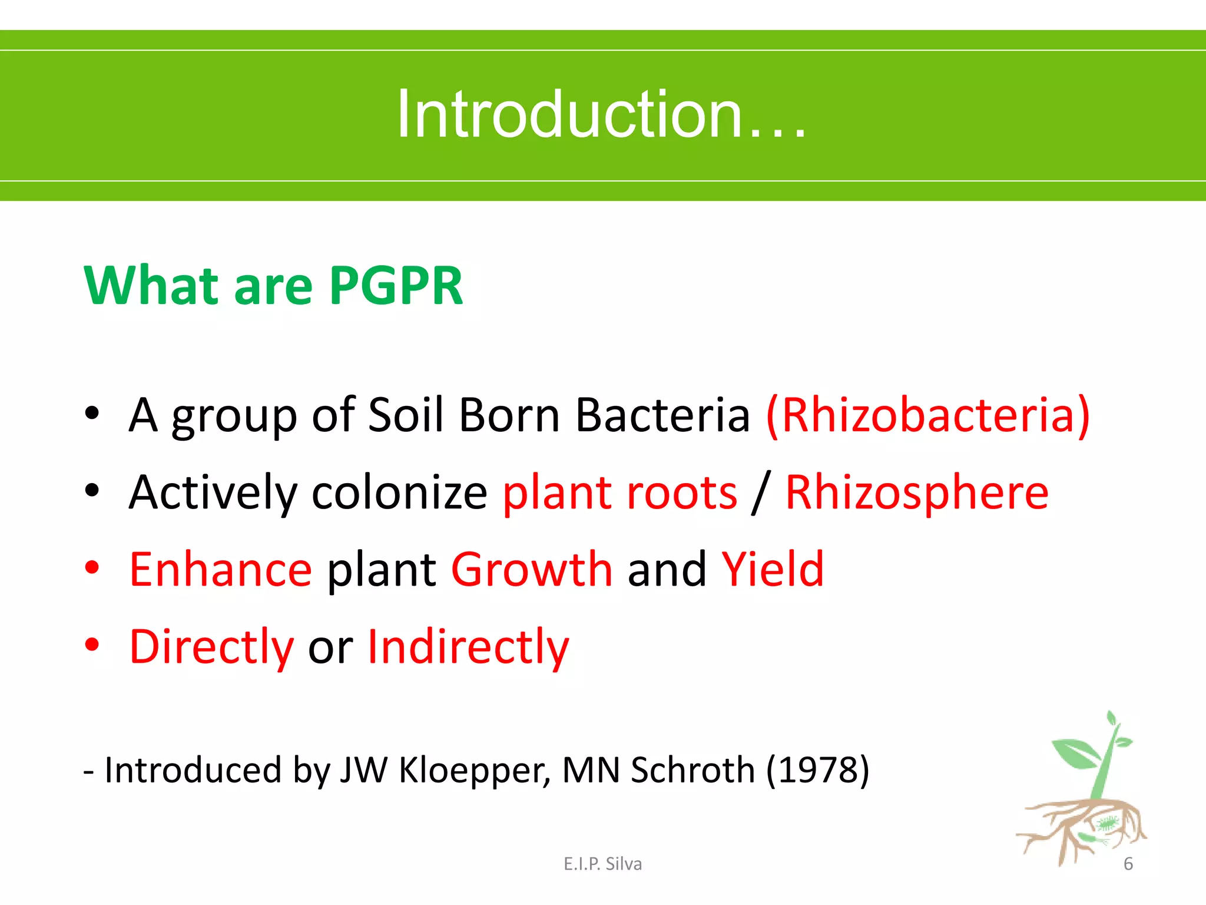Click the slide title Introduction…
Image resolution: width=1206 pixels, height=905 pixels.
coord(602,114)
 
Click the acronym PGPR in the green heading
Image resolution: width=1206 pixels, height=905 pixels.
coord(396,286)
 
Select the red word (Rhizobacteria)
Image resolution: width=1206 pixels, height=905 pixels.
coord(928,415)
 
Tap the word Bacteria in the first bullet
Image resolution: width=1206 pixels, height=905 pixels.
coord(662,415)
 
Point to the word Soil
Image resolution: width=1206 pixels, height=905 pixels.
coord(405,415)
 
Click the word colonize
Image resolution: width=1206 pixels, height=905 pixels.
coord(399,493)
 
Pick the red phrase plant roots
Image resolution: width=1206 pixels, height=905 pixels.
coord(619,493)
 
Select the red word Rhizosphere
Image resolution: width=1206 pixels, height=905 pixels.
coord(917,493)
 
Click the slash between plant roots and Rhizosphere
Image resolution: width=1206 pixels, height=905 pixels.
coord(761,493)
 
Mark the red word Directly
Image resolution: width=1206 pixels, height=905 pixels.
coord(211,647)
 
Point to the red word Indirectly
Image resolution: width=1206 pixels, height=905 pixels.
coord(468,647)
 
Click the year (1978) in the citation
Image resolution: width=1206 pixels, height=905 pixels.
coord(817,770)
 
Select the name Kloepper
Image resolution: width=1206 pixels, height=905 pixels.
coord(474,770)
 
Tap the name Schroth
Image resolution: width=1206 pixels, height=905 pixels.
coord(693,770)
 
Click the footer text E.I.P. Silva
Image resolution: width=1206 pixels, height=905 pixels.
coord(602,864)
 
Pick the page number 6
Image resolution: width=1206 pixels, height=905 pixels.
coord(1128,864)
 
